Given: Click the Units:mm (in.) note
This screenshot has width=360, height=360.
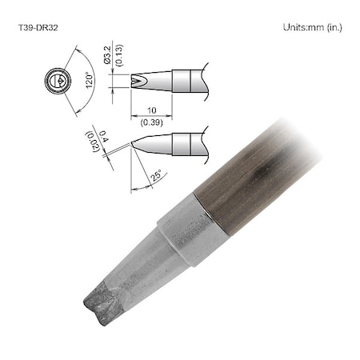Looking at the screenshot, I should click(x=312, y=27).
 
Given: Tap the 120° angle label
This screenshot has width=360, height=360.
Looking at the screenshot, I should click(x=92, y=81).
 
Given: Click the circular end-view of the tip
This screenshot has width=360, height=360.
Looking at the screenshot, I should click(x=56, y=81).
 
